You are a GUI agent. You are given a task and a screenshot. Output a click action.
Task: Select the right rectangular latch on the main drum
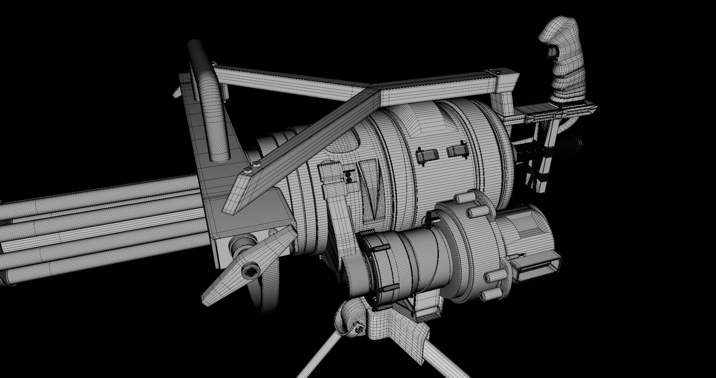click(457, 150)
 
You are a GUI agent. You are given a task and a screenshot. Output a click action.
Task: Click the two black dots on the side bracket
click(348, 178)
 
